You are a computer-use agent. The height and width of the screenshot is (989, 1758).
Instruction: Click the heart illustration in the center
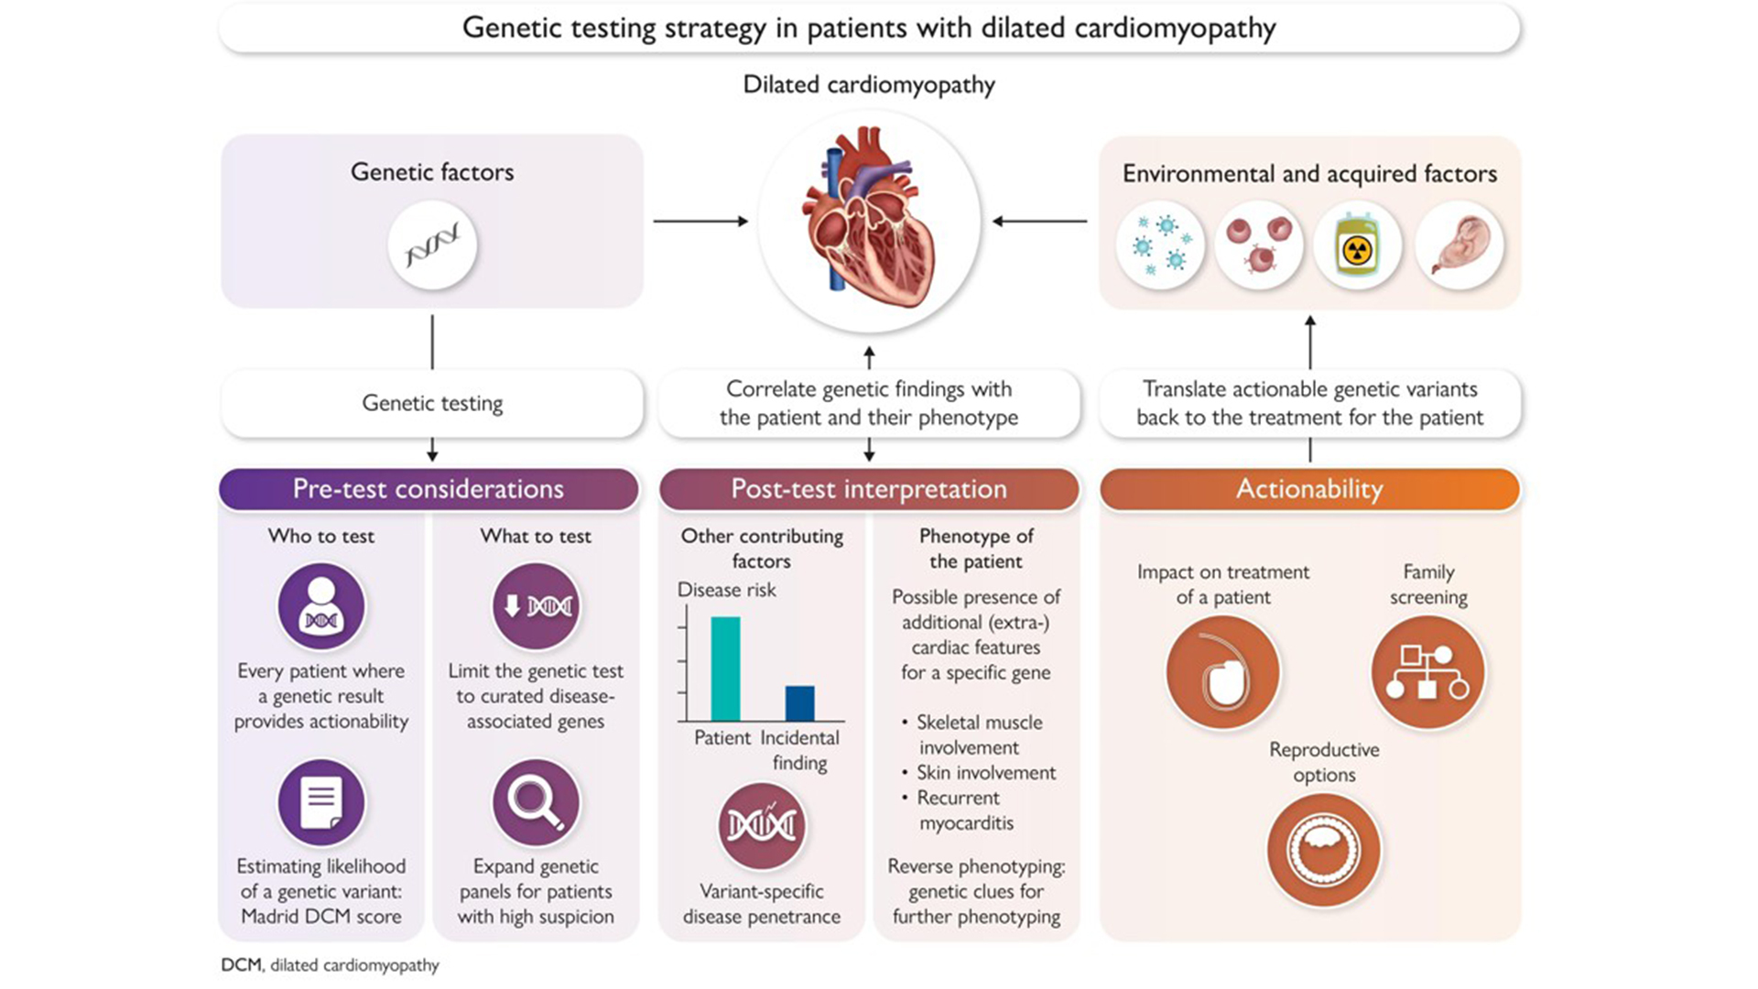(x=868, y=221)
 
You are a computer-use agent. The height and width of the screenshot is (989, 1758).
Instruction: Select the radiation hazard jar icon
(x=1356, y=245)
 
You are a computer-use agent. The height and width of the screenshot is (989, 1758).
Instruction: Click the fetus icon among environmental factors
(x=1460, y=245)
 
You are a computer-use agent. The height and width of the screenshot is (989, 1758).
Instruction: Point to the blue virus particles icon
(x=1160, y=245)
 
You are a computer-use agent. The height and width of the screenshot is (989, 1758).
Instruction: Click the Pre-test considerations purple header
(x=429, y=489)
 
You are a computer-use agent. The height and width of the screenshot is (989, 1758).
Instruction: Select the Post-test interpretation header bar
(x=868, y=489)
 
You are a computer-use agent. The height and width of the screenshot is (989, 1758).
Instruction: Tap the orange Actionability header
(x=1309, y=489)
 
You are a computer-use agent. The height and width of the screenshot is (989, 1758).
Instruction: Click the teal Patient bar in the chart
(x=725, y=668)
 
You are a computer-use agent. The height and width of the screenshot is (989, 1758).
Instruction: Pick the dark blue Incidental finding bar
(x=799, y=702)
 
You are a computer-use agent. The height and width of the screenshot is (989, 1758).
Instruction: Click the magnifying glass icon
(x=536, y=802)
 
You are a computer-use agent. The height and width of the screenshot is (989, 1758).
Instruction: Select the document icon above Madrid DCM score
(x=321, y=802)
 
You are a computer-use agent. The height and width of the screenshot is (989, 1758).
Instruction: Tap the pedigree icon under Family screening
(x=1427, y=672)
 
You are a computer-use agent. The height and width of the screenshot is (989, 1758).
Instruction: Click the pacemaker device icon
(x=1222, y=672)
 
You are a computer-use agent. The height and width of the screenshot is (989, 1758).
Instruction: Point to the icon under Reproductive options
(x=1323, y=850)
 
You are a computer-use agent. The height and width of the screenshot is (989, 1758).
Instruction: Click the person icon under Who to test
(x=321, y=606)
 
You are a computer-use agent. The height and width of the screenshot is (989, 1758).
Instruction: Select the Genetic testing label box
(x=431, y=403)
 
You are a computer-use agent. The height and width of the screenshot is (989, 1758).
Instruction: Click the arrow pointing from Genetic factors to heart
(x=700, y=221)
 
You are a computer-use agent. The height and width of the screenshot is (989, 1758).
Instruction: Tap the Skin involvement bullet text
(x=985, y=773)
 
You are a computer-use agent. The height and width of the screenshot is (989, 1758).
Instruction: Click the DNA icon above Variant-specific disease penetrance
(x=761, y=826)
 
